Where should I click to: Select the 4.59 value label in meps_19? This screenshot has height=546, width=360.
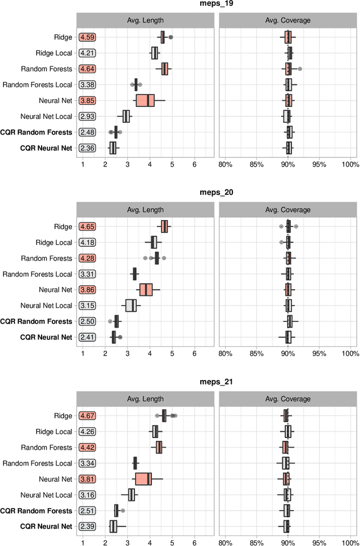[87, 38]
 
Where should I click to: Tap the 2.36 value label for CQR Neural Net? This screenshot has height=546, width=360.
[87, 148]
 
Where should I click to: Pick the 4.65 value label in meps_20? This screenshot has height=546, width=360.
[87, 227]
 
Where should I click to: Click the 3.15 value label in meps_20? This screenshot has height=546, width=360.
[87, 306]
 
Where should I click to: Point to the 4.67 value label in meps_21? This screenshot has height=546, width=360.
[87, 416]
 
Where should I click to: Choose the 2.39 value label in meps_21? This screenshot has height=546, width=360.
[87, 526]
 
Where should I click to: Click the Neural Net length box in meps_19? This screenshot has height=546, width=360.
[145, 101]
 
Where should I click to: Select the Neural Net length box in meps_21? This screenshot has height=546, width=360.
[143, 479]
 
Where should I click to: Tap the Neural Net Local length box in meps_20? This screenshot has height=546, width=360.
[130, 306]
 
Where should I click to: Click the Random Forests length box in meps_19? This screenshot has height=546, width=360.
[165, 69]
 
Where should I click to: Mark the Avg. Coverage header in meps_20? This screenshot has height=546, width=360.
[287, 210]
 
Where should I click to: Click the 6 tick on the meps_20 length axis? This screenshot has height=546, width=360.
[194, 353]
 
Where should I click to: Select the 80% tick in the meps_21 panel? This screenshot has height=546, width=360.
[225, 543]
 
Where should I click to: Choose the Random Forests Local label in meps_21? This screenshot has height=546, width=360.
[38, 463]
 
